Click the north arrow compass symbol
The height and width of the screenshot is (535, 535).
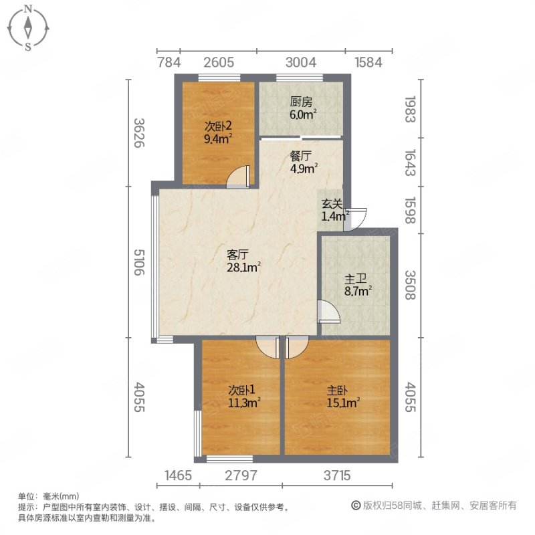coord(28,27)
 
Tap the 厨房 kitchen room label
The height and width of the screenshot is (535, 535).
coord(301,102)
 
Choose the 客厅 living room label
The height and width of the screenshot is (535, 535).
coord(238,255)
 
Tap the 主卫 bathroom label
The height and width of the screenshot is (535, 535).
coord(354,278)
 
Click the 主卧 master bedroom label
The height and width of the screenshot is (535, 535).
coord(338,390)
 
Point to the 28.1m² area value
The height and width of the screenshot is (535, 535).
coord(244,267)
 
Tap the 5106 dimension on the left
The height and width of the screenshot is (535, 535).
coord(139,263)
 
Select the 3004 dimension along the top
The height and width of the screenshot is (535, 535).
coord(300,63)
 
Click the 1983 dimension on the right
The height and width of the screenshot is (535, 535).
coord(409,109)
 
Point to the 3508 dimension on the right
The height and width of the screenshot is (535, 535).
coord(409,284)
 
